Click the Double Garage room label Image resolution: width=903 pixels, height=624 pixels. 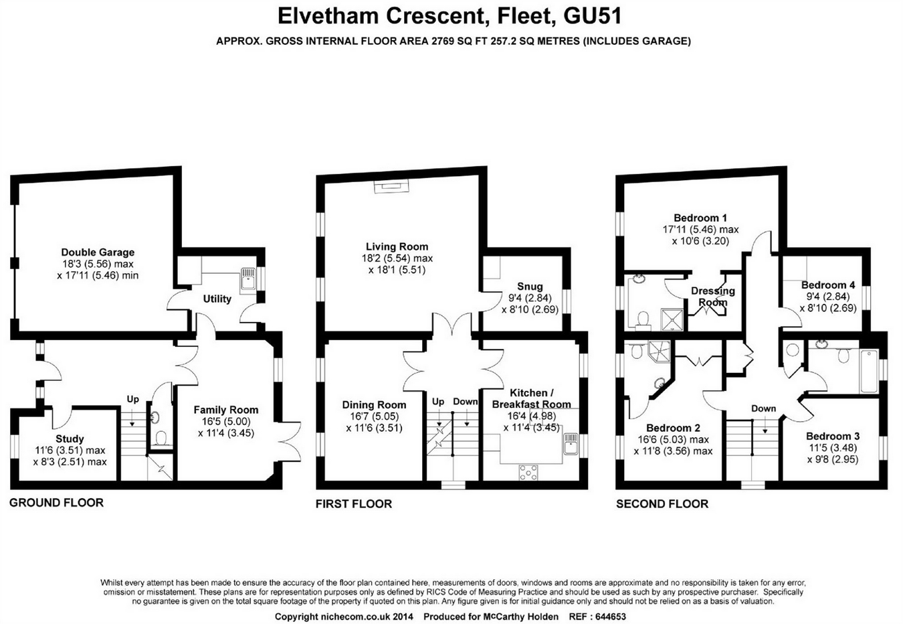tap(98, 252)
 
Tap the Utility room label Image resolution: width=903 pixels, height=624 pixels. tap(217, 299)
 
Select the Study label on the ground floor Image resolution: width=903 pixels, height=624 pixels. tap(70, 439)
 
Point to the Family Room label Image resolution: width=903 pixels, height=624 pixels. tap(225, 410)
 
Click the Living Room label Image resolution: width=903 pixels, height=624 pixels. tap(397, 246)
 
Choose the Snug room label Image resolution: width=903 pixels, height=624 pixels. tap(530, 287)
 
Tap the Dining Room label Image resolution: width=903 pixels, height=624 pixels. tap(374, 404)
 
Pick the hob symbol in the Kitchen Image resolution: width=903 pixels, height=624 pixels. tap(528, 471)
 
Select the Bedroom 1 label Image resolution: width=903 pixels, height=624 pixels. tap(700, 218)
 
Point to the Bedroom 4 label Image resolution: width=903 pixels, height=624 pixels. tap(828, 285)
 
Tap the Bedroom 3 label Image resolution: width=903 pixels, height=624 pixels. tap(833, 437)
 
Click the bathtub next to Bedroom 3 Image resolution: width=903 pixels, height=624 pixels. tap(868, 372)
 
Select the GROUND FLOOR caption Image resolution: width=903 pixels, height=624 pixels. tap(56, 503)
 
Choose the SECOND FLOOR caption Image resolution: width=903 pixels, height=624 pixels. tap(662, 503)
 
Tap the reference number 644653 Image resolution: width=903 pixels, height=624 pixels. tap(607, 617)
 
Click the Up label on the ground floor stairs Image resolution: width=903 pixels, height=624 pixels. tap(133, 399)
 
